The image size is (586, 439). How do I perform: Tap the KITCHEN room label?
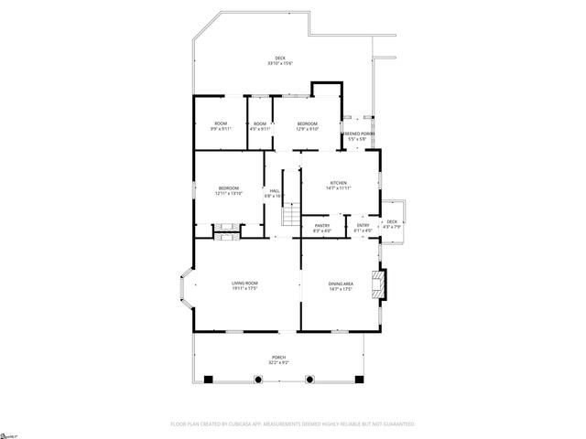pos(340,186)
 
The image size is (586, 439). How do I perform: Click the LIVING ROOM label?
pos(244,286)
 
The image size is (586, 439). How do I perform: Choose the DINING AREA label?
pos(341,286)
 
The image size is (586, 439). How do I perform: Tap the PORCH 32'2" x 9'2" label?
pos(278,359)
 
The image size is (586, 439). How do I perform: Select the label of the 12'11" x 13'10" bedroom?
pos(228,190)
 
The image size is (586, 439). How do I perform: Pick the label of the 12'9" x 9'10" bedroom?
pos(307,126)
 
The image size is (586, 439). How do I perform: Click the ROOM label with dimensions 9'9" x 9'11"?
pos(221,126)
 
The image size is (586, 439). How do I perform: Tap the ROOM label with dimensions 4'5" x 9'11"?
pos(261,126)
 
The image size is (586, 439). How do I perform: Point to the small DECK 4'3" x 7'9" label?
pos(392,224)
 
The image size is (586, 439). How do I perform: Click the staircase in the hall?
pos(290,217)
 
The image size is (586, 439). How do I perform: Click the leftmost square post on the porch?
pos(208,379)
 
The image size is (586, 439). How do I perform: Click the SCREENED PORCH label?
pos(359,136)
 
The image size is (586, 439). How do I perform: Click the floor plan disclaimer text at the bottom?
pos(293,424)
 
